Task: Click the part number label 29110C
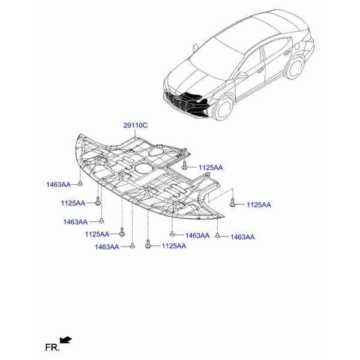(x=136, y=125)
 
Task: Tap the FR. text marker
(x=52, y=347)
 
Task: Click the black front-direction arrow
(x=65, y=340)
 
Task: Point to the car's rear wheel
(x=295, y=67)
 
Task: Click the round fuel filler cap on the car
(x=296, y=46)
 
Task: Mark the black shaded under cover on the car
(x=194, y=104)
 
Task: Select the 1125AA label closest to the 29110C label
(x=211, y=167)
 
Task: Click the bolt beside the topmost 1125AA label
(x=184, y=166)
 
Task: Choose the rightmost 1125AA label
(x=259, y=205)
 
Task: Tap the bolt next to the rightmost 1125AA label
(x=233, y=203)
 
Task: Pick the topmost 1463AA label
(x=58, y=185)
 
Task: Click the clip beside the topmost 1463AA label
(x=80, y=184)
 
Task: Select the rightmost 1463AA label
(x=242, y=237)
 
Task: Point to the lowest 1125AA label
(x=174, y=246)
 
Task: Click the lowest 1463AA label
(x=107, y=247)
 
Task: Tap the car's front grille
(x=177, y=101)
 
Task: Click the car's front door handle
(x=260, y=71)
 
